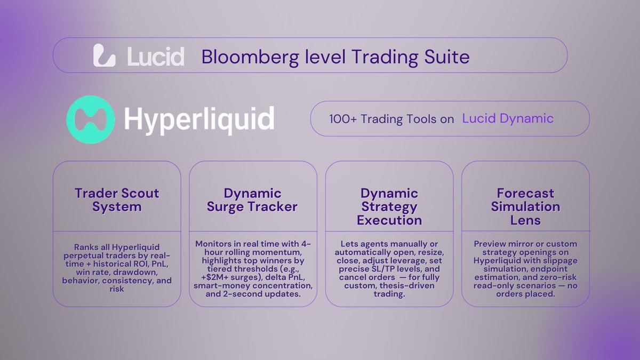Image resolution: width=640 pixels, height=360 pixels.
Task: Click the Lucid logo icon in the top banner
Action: click(x=105, y=55)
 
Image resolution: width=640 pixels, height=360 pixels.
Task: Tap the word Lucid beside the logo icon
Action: click(x=156, y=55)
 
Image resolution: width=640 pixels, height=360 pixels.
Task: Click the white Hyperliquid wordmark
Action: click(x=199, y=119)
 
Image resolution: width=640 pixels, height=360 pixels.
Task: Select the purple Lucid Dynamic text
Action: click(x=508, y=118)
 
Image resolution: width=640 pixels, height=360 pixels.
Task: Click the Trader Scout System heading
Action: click(x=117, y=200)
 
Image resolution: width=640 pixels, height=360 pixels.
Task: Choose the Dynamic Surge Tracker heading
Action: click(x=253, y=200)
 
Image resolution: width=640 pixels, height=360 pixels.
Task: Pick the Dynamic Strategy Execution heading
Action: click(x=389, y=206)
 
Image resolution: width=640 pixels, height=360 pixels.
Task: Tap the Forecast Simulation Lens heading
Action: click(x=525, y=206)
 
